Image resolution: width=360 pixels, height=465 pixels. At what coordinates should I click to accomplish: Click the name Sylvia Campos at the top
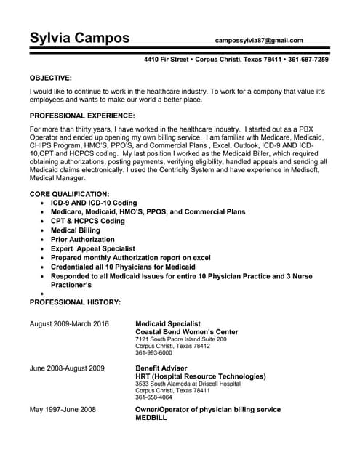tap(79, 38)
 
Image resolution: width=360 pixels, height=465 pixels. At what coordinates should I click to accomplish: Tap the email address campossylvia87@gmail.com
tap(259, 41)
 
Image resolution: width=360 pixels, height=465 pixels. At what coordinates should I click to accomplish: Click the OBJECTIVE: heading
tap(50, 77)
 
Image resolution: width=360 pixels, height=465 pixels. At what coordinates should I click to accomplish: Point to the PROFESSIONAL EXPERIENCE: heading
tap(81, 116)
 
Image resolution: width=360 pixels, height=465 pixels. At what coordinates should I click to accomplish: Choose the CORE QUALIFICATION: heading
tap(69, 194)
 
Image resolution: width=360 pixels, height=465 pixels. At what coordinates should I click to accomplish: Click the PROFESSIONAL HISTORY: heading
tap(74, 302)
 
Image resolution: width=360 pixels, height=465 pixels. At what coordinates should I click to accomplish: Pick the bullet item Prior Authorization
tap(82, 240)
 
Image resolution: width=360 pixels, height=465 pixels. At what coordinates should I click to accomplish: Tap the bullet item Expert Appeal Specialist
tap(92, 248)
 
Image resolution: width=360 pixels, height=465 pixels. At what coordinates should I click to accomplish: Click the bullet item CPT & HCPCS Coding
tap(87, 221)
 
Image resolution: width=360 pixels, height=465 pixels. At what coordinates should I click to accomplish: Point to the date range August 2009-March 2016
tap(69, 323)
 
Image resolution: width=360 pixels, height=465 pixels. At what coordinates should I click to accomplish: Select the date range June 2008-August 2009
tap(66, 368)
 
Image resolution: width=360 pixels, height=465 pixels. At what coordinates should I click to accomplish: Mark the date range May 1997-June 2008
tap(62, 410)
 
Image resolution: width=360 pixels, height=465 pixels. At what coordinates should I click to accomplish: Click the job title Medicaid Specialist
tap(169, 323)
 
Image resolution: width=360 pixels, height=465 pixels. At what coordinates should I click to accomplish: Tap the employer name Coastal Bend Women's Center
tap(186, 332)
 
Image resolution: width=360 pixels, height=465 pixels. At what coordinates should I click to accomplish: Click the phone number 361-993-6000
tap(153, 353)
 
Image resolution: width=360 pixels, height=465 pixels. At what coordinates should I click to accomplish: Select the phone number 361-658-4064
tap(153, 397)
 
